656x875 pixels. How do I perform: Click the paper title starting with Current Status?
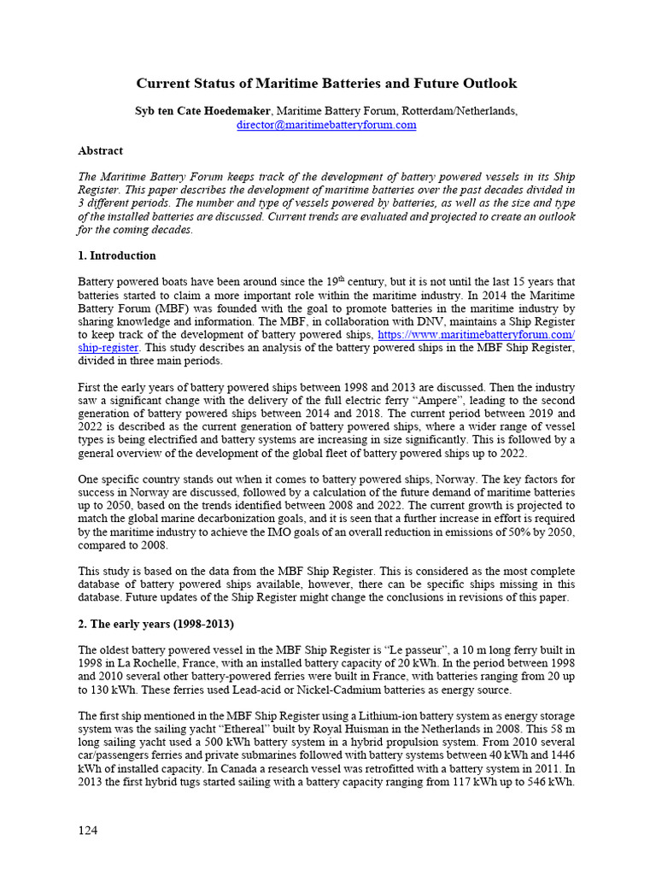[327, 84]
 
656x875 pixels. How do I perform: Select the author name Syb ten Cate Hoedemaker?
[204, 111]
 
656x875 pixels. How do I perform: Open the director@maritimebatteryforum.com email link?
[326, 125]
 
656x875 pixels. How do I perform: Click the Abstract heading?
[100, 150]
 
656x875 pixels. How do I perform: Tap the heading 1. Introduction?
[117, 255]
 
